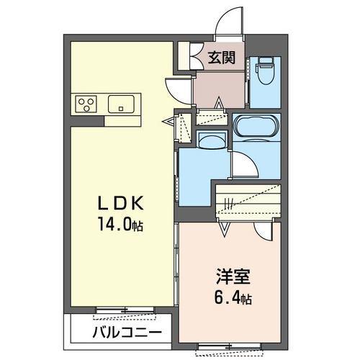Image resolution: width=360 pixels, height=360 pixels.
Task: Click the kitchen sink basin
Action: coord(120,104)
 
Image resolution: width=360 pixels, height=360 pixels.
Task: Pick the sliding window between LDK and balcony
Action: coord(127,311)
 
